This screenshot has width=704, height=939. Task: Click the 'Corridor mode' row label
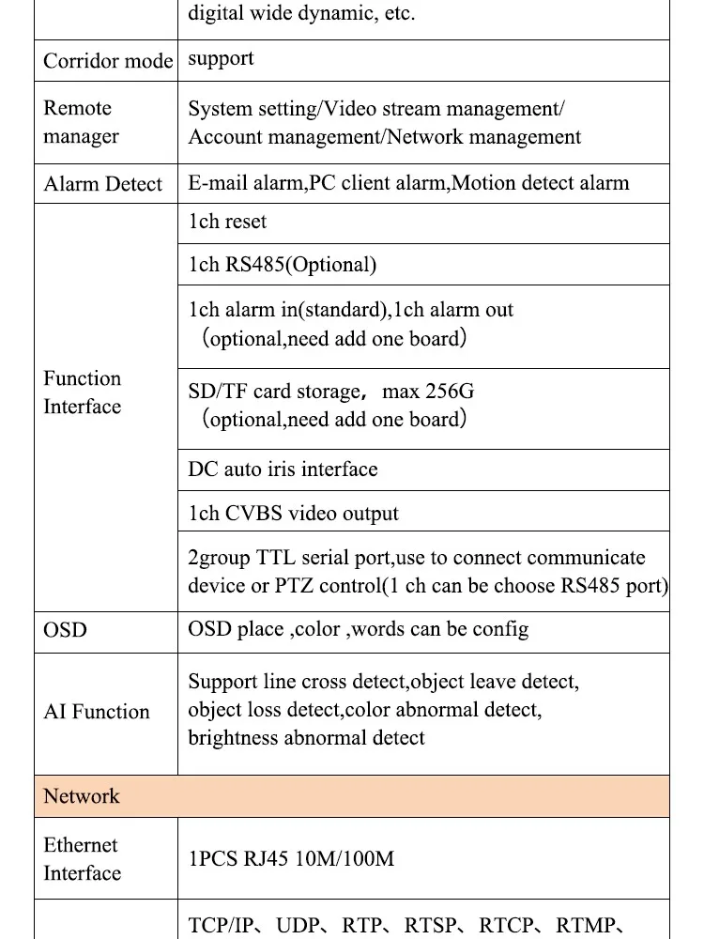coord(108,61)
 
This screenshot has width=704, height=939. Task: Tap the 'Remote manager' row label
coord(81,122)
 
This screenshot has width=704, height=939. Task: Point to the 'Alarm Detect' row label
coord(102,184)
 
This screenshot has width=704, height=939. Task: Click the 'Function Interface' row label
coord(83,393)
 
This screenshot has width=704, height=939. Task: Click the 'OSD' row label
coord(65,629)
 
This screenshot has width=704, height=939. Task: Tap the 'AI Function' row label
coord(97,712)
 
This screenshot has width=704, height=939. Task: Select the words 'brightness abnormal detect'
coord(306,738)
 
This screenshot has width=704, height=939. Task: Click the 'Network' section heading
coord(82,796)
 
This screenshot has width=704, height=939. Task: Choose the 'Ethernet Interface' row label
coord(82,859)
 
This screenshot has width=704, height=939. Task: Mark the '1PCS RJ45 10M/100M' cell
coord(291,858)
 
